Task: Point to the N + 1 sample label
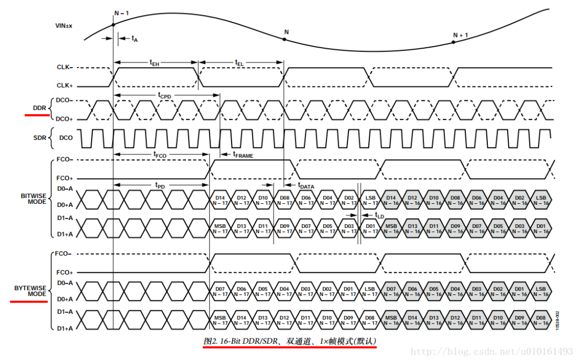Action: tap(461, 35)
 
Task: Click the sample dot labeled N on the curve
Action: tap(284, 40)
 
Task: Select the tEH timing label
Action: tap(154, 63)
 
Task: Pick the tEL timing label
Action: tap(239, 63)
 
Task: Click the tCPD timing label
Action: tap(164, 95)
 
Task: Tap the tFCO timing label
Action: tap(160, 154)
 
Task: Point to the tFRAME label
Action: tap(243, 154)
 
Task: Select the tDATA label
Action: tap(306, 186)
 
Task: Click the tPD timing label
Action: tap(160, 185)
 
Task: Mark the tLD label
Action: tap(380, 215)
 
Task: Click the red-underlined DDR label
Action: tap(39, 108)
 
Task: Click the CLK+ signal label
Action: tap(64, 85)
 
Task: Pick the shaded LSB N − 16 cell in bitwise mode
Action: tap(541, 200)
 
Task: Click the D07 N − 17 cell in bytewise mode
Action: tap(220, 291)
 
